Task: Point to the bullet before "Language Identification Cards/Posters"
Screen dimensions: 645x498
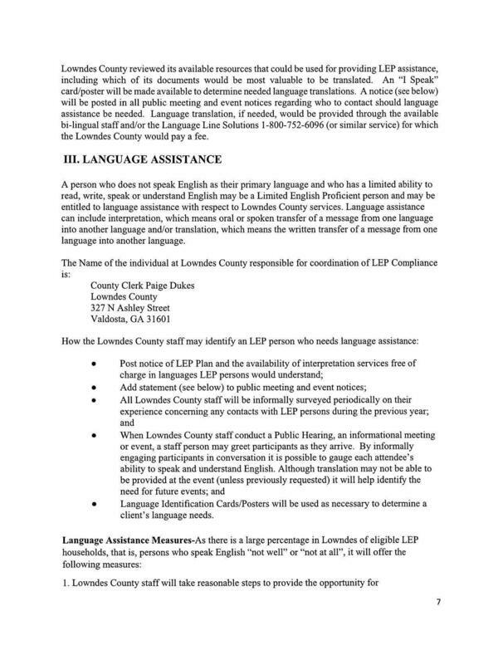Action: click(x=96, y=502)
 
